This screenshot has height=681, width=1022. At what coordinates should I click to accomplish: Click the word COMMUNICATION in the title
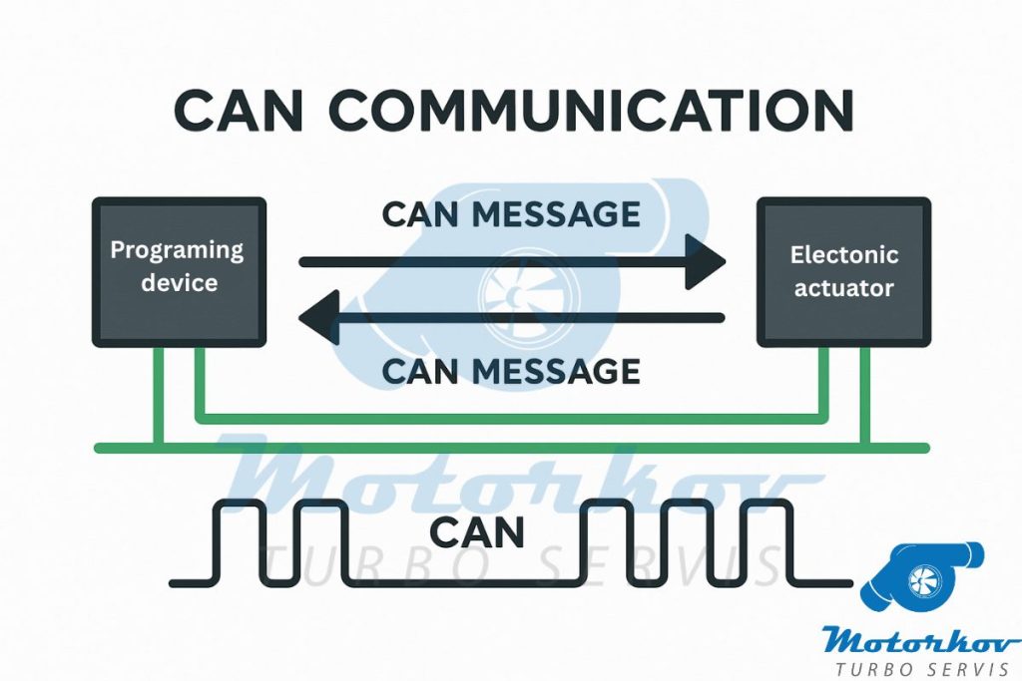tap(592, 110)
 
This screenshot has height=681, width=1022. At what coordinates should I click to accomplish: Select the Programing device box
tap(180, 271)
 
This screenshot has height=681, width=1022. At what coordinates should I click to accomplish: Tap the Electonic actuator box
tap(843, 271)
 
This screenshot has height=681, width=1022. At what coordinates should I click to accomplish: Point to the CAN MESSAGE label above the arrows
tap(511, 213)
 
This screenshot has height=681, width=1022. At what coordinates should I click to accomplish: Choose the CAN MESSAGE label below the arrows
tap(511, 371)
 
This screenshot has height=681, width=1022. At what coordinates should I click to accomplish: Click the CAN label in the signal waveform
tap(476, 532)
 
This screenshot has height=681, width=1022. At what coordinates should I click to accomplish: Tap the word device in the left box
tap(179, 283)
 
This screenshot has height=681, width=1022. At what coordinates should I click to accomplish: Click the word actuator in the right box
tap(843, 290)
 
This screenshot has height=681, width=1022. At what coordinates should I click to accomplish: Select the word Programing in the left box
tap(177, 250)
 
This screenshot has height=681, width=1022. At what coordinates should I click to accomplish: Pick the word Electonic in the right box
tap(843, 255)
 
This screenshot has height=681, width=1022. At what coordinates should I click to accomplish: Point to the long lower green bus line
tap(511, 448)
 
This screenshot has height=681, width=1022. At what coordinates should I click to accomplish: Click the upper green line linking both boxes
tap(511, 417)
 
